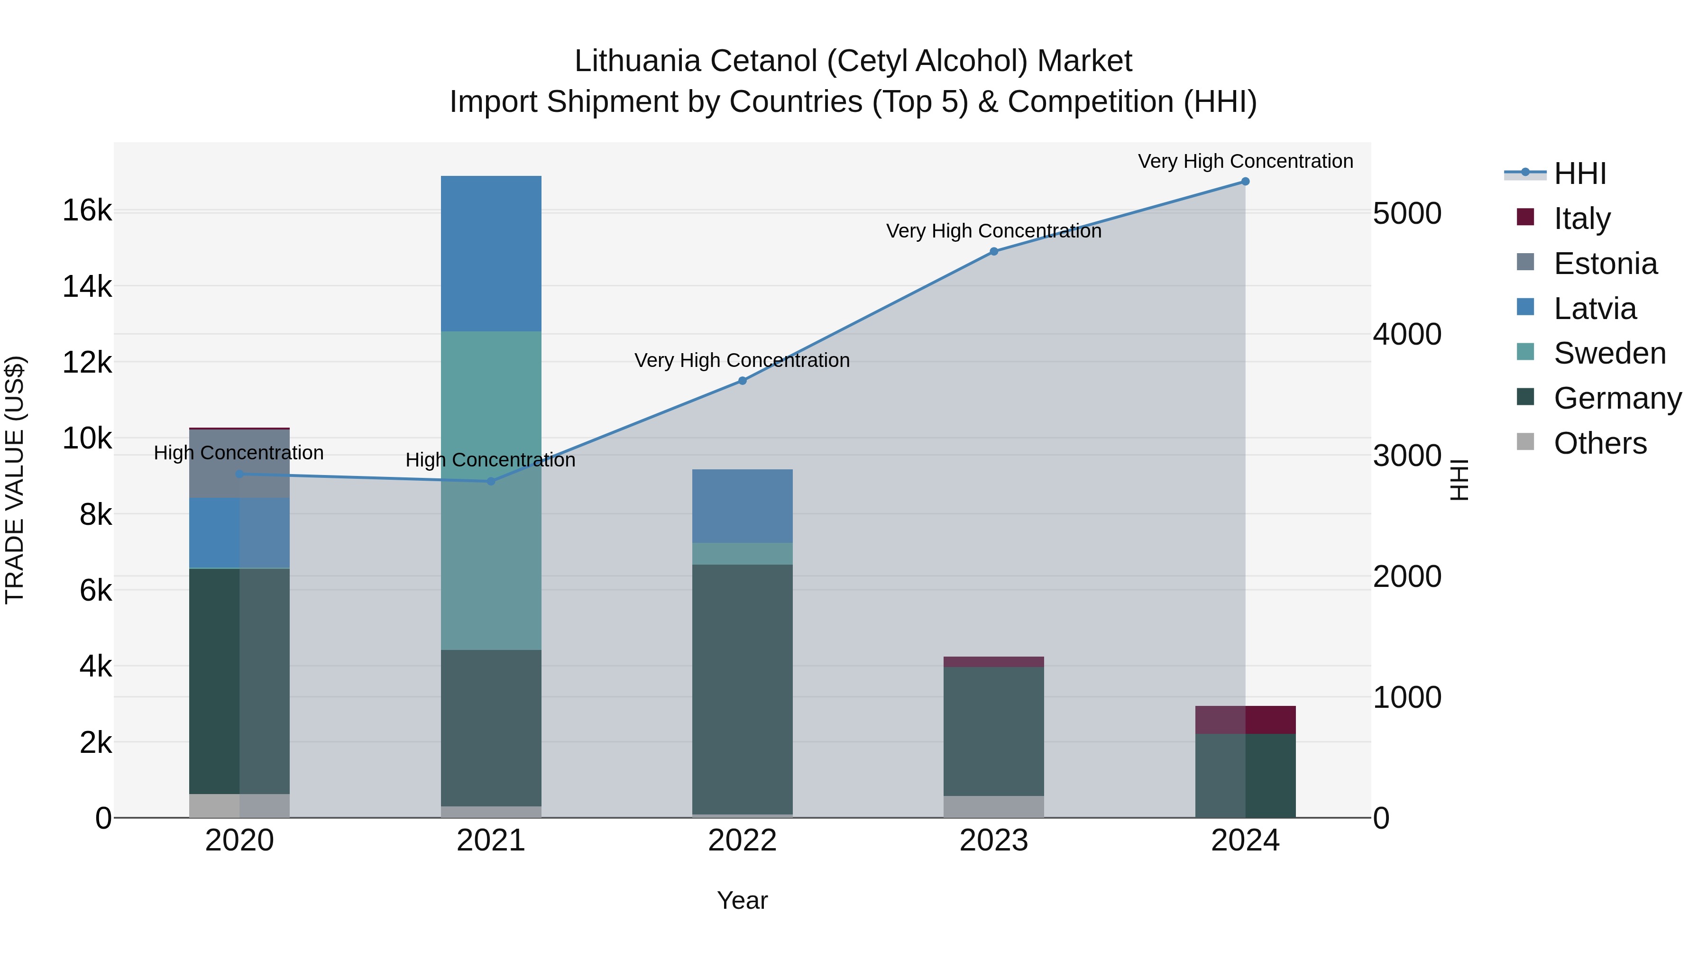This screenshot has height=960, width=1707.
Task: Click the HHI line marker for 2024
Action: (x=1245, y=182)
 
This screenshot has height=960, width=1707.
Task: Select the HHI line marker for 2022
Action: (x=742, y=381)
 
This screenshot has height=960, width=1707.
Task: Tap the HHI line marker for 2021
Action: (x=491, y=481)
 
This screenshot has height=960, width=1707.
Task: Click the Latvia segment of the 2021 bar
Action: (x=491, y=254)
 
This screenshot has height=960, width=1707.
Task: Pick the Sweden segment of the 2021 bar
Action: (x=491, y=490)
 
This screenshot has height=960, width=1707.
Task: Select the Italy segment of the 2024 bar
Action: (x=1245, y=720)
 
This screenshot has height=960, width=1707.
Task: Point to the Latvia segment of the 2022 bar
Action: (x=742, y=506)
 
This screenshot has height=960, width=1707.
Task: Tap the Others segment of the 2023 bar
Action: (x=993, y=806)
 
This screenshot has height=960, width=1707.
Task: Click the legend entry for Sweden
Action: (x=1609, y=353)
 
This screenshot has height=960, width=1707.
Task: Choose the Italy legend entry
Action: (x=1582, y=219)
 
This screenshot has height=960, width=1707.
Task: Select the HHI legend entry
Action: (x=1580, y=174)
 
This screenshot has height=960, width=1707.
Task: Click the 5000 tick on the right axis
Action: (x=1407, y=214)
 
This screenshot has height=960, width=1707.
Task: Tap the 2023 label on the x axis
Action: (x=993, y=841)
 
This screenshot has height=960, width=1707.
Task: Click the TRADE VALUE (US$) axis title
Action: (x=15, y=480)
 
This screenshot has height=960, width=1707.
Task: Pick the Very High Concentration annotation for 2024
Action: (x=1245, y=162)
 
